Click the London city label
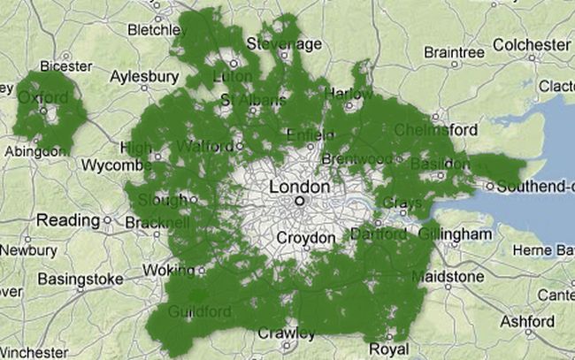[299, 187]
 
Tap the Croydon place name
[306, 238]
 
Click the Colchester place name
[531, 44]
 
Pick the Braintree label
[454, 51]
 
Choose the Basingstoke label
[80, 280]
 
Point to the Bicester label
[66, 65]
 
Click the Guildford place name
[202, 312]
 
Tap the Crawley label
[285, 333]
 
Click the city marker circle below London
[299, 202]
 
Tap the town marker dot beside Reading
[107, 220]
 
